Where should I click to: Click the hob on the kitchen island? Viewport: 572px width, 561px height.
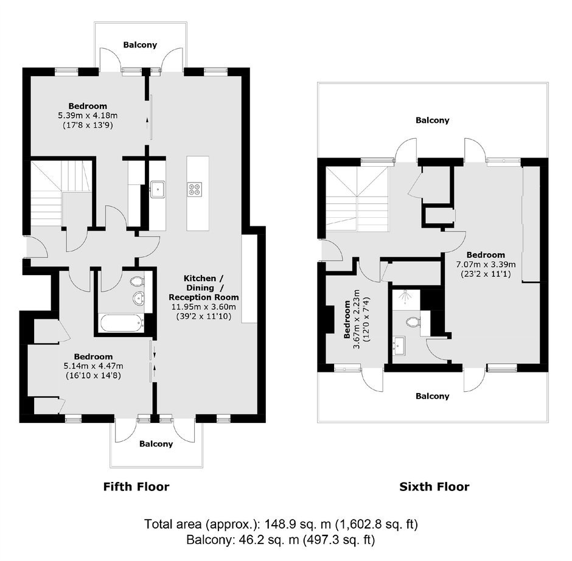click(194, 189)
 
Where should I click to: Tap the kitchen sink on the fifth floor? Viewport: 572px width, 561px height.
click(158, 189)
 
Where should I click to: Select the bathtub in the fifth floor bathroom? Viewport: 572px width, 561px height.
click(121, 323)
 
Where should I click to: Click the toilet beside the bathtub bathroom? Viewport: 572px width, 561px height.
click(137, 281)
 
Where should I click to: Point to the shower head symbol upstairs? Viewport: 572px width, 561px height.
click(405, 296)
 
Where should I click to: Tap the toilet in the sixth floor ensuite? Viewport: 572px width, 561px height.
click(413, 322)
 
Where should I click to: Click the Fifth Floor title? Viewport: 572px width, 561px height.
click(136, 487)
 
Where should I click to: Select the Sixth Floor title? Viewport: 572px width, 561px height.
click(434, 487)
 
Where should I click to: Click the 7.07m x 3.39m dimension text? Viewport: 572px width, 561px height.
click(486, 264)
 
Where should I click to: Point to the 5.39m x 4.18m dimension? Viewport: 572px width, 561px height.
click(88, 116)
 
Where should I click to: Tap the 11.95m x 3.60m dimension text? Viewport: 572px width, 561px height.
click(204, 307)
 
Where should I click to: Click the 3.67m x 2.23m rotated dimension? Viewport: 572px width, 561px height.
click(357, 319)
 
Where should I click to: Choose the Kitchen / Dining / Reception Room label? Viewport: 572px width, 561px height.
click(204, 287)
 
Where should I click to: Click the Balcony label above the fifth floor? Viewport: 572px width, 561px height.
click(140, 45)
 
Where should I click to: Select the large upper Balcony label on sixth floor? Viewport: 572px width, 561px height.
click(432, 120)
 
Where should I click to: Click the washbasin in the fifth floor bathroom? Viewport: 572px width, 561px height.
click(139, 298)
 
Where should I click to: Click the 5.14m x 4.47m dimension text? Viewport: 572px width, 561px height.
click(93, 366)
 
